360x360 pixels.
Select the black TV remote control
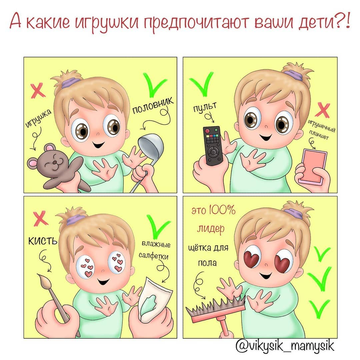pyautogui.click(x=213, y=146)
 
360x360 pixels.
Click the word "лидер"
pyautogui.click(x=211, y=228)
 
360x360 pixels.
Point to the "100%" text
pyautogui.click(x=222, y=210)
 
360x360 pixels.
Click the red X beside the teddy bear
pyautogui.click(x=38, y=90)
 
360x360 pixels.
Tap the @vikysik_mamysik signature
pyautogui.click(x=285, y=346)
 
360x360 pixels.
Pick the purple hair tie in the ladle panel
pyautogui.click(x=70, y=83)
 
